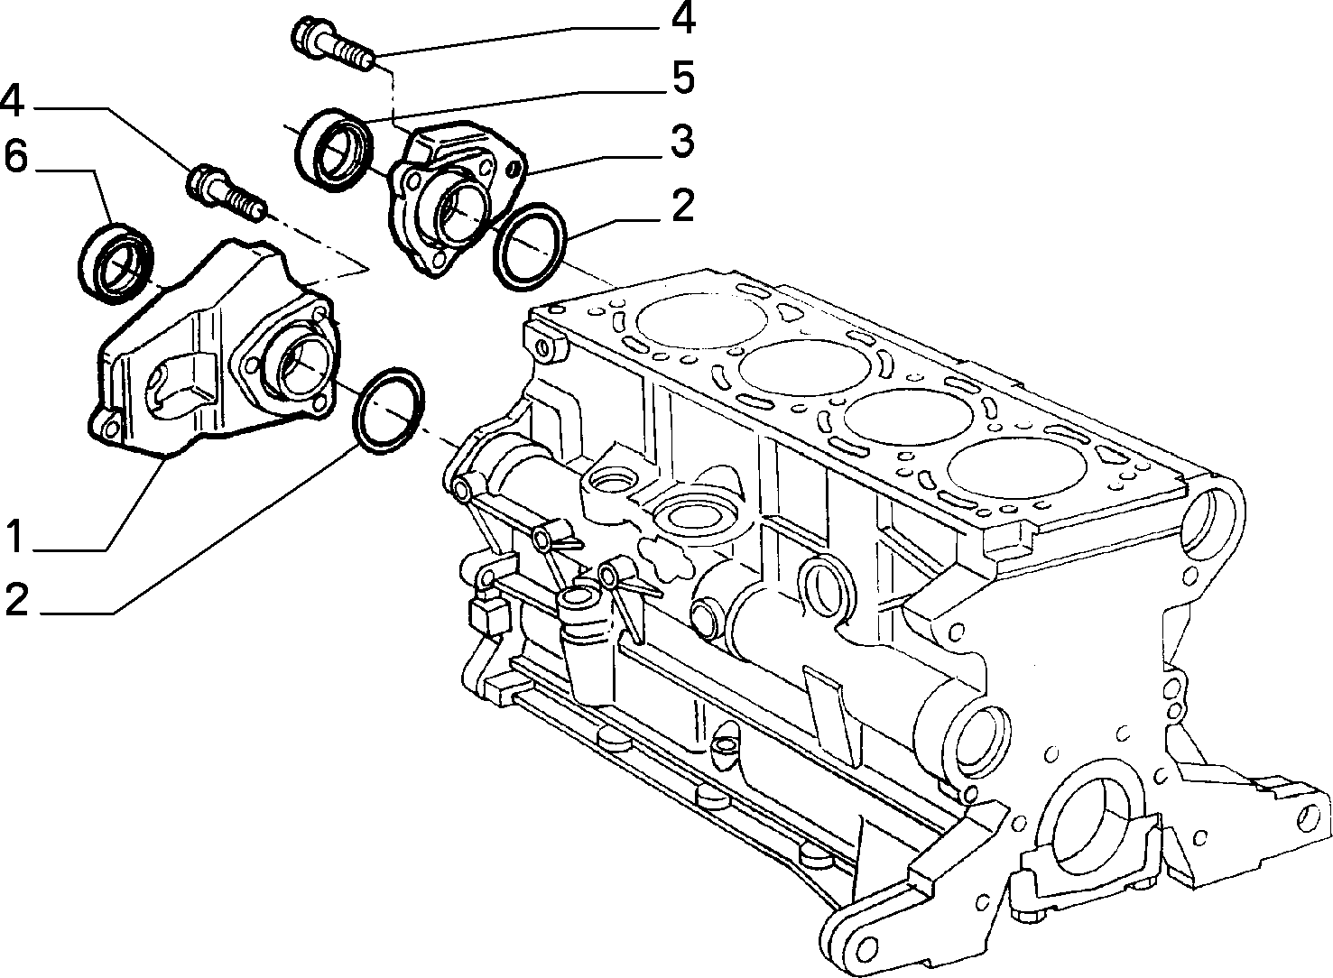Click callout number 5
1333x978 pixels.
(681, 77)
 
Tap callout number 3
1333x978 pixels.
(681, 141)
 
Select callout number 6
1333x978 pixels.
(16, 156)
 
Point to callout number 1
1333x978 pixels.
(16, 535)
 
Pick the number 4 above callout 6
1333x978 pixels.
(13, 100)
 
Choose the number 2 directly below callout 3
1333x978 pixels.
(682, 206)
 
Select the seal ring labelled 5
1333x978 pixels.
(336, 151)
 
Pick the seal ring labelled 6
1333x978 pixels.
(116, 263)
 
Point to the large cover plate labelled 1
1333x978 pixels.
(214, 351)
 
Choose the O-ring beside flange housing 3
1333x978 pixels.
(531, 247)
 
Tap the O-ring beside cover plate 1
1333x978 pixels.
(389, 411)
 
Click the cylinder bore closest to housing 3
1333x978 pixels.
(702, 321)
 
